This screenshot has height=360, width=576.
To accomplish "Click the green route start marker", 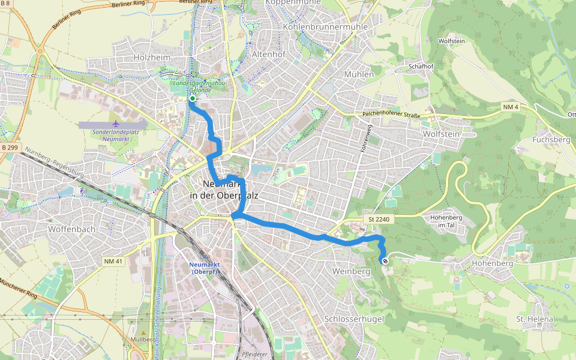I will tap(193, 98).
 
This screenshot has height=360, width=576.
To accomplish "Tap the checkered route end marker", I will tap(384, 260).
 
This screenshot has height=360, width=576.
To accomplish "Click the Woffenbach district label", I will tap(73, 229).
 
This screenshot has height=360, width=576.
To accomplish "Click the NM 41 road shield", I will tap(113, 261).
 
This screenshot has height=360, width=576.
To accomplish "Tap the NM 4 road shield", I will tap(510, 107).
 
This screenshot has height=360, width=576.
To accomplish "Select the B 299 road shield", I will tap(11, 148).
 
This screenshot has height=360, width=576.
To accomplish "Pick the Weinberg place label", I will tap(351, 271).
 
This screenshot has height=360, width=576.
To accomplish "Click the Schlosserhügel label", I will tap(353, 319).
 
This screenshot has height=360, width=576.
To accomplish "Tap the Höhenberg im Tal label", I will tap(449, 221).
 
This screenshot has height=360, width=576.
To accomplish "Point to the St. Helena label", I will tap(535, 319).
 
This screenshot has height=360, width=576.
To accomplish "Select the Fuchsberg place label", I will tap(551, 140).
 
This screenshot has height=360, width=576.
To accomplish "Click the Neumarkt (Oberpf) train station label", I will tap(206, 268).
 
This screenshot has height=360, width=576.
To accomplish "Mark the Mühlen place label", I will tap(359, 74).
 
